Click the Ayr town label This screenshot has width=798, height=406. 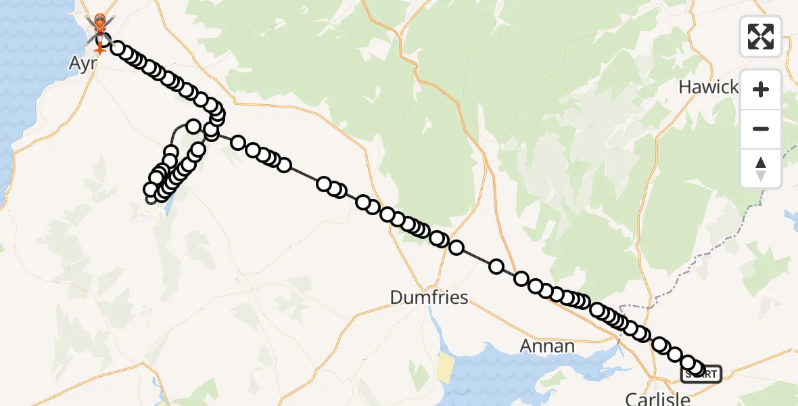tap(82, 63)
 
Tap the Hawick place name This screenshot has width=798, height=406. tap(708, 87)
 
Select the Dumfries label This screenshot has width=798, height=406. tap(429, 297)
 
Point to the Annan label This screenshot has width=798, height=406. tap(547, 346)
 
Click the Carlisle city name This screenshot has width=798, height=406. tap(657, 399)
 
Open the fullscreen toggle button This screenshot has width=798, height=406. tap(761, 37)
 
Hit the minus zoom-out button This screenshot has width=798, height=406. tap(761, 129)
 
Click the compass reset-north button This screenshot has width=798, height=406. tap(761, 168)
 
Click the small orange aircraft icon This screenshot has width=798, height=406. tap(99, 49)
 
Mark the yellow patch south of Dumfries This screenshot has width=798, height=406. tap(445, 367)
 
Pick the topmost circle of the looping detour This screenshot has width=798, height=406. tap(193, 127)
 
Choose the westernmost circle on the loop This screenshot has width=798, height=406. tap(151, 189)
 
